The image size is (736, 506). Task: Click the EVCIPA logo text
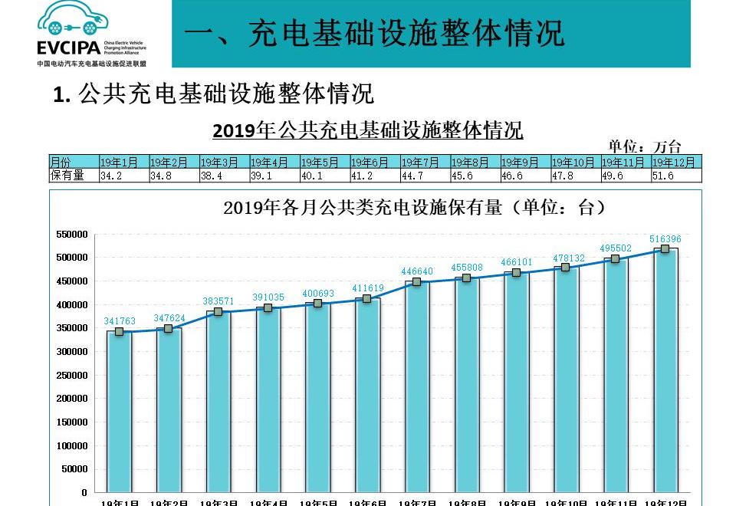click(x=67, y=48)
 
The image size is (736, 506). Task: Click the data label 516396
click(x=665, y=239)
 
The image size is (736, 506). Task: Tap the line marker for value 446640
click(x=417, y=282)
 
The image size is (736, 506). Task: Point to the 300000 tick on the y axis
click(x=72, y=352)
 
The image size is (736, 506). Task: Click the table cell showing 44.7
click(x=424, y=176)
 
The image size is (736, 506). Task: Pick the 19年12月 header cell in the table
click(x=675, y=163)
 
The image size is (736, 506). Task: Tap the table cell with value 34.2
click(x=123, y=176)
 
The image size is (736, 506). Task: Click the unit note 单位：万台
click(x=645, y=146)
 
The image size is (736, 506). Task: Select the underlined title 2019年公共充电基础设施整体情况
click(x=368, y=130)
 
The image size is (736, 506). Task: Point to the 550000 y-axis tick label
click(x=72, y=234)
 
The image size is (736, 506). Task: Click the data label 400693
click(x=317, y=294)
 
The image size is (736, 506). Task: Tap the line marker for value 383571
click(x=218, y=311)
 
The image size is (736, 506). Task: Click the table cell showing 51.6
click(x=675, y=176)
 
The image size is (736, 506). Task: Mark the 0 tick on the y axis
click(x=84, y=493)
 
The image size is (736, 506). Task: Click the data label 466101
click(x=516, y=261)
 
